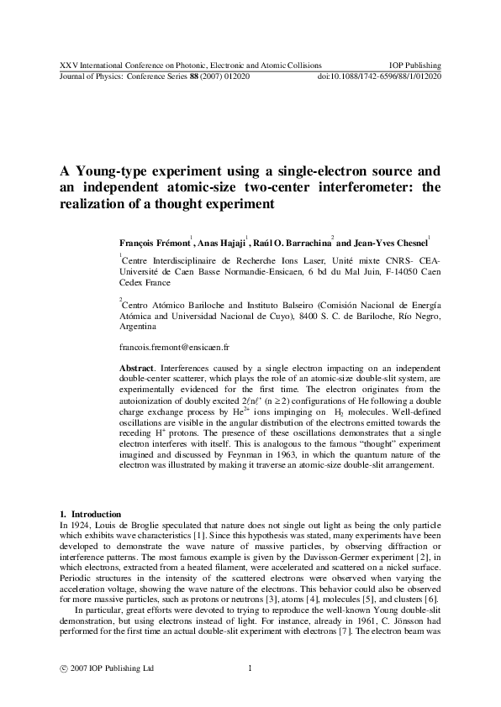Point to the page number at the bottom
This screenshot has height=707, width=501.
(x=250, y=668)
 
